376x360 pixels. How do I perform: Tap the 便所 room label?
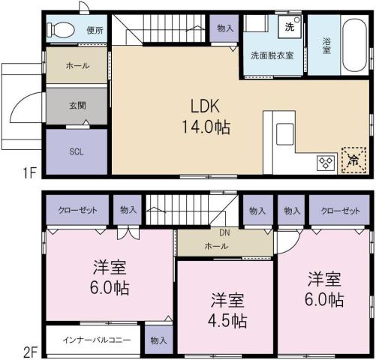(95, 31)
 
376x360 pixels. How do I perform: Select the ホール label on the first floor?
(77, 66)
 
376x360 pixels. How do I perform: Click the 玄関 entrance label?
(77, 106)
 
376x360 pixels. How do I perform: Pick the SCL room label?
(77, 151)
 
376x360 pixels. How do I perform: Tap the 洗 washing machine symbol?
(290, 28)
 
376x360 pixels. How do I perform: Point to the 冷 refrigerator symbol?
(350, 159)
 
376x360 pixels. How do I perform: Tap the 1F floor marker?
(29, 174)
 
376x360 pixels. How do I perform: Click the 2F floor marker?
(29, 349)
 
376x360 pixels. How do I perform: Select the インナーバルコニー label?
(92, 340)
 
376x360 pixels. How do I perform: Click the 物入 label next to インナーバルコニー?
(158, 340)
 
